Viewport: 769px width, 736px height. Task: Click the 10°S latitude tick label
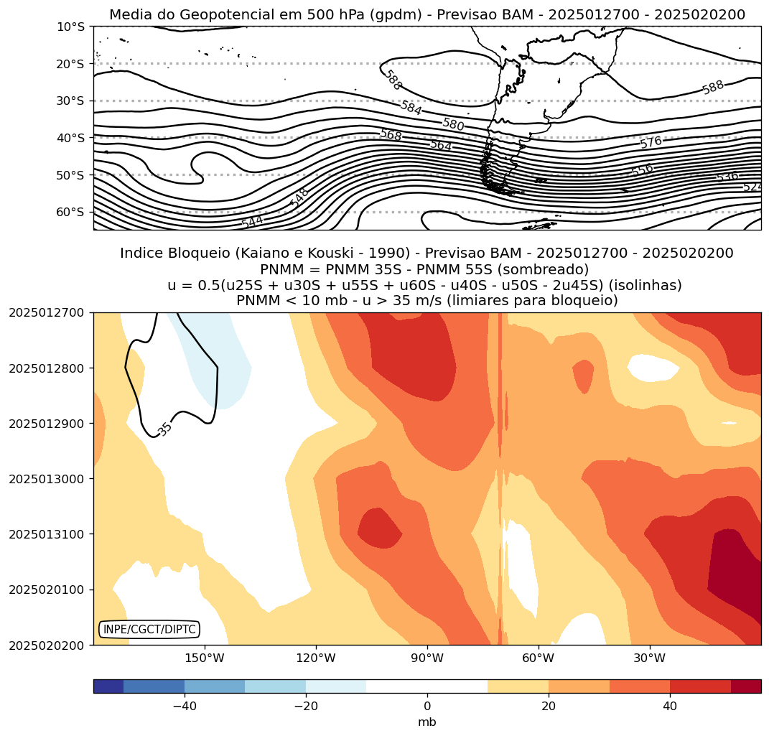[70, 27]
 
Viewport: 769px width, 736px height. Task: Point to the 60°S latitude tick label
[70, 212]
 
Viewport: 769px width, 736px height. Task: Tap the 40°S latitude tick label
[70, 138]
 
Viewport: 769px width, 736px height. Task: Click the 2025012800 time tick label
[46, 368]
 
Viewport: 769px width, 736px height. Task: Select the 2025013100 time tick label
[46, 534]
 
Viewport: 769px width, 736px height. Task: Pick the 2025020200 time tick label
[46, 645]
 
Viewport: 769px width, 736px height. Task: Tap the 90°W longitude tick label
[427, 658]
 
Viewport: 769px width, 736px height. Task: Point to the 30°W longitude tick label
[650, 658]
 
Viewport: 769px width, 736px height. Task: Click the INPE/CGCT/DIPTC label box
[149, 630]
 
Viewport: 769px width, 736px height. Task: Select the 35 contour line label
[165, 429]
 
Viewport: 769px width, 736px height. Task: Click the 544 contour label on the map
[252, 223]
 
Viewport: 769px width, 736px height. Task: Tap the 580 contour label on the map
[453, 124]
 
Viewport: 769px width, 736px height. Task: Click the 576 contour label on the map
[651, 142]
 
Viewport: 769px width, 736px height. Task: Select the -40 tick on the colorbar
[185, 706]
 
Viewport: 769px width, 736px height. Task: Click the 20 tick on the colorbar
[549, 706]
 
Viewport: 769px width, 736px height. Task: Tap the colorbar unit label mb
[427, 722]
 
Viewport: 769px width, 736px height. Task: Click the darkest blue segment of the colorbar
[108, 686]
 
